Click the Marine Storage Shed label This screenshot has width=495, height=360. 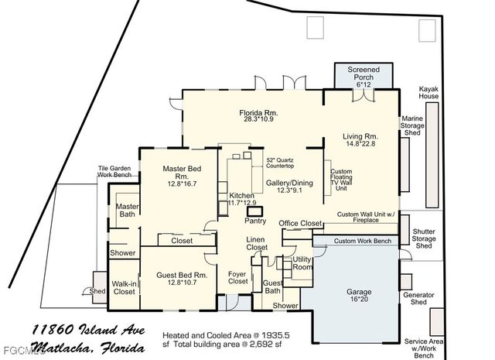[x=411, y=126]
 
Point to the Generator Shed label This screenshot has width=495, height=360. [x=418, y=298]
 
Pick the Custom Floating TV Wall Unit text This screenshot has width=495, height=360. [x=341, y=180]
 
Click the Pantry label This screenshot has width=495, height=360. [x=255, y=221]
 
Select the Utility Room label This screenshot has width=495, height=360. [x=302, y=263]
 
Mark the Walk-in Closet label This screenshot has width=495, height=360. [x=124, y=289]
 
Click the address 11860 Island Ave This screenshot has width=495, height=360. [x=88, y=331]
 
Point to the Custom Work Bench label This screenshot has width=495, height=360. [x=362, y=242]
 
